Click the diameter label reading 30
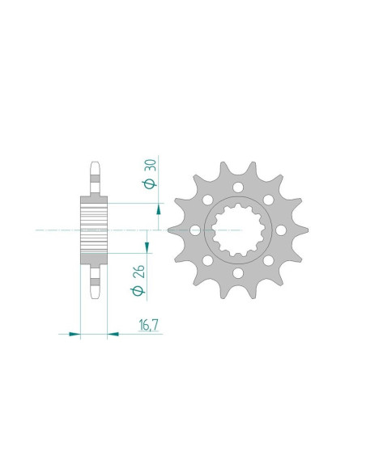(150, 175)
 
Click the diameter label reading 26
(138, 280)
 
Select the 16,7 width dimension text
(149, 325)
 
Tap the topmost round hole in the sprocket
(238, 188)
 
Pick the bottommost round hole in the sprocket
(238, 273)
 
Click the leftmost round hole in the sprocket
(195, 230)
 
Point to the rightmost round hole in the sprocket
(281, 230)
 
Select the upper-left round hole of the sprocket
(208, 200)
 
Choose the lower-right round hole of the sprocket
(268, 261)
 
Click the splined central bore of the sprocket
(238, 230)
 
